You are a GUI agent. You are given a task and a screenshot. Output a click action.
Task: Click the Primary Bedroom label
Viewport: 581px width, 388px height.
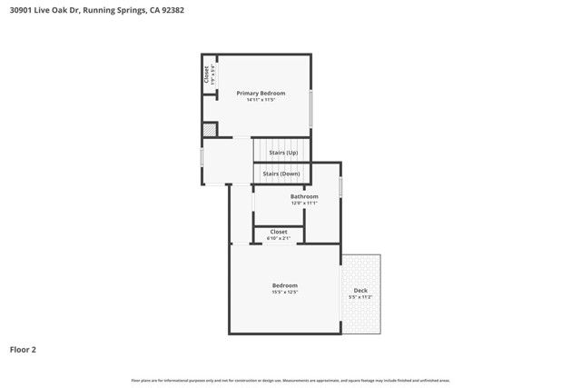click(x=261, y=94)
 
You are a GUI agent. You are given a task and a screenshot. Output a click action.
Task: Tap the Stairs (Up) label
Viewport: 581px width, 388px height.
click(x=283, y=153)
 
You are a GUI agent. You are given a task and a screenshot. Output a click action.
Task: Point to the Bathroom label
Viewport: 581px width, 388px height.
click(x=304, y=196)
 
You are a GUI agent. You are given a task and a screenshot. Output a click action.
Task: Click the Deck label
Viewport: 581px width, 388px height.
click(x=360, y=291)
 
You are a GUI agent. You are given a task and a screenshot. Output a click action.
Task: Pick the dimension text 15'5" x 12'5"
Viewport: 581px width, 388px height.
click(x=284, y=293)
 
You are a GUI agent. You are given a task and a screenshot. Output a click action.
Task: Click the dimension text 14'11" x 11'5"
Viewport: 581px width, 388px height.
click(x=261, y=100)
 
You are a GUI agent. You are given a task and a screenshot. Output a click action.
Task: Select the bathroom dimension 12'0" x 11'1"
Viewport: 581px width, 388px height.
click(x=304, y=204)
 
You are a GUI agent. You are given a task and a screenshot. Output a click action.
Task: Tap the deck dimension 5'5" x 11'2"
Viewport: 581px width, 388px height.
click(x=360, y=297)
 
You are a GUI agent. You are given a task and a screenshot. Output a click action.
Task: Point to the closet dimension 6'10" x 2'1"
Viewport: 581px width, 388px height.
click(x=279, y=238)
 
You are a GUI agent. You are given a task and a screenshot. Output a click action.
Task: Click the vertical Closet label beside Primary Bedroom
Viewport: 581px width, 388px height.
click(x=206, y=74)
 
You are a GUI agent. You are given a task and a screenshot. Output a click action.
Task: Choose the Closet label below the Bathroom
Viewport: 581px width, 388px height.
click(x=279, y=232)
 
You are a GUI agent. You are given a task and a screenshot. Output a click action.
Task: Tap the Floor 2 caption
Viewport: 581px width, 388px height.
click(x=23, y=349)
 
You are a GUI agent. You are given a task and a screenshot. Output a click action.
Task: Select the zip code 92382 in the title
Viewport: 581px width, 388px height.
click(x=170, y=10)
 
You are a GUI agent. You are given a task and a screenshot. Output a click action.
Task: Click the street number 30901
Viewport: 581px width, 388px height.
click(x=21, y=10)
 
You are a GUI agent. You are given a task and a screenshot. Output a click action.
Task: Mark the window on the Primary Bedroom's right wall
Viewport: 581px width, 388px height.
click(x=311, y=108)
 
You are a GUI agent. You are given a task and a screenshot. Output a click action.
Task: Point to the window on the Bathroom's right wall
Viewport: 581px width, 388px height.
click(x=340, y=186)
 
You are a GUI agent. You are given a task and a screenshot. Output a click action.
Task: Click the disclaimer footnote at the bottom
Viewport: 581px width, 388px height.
click(x=290, y=380)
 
